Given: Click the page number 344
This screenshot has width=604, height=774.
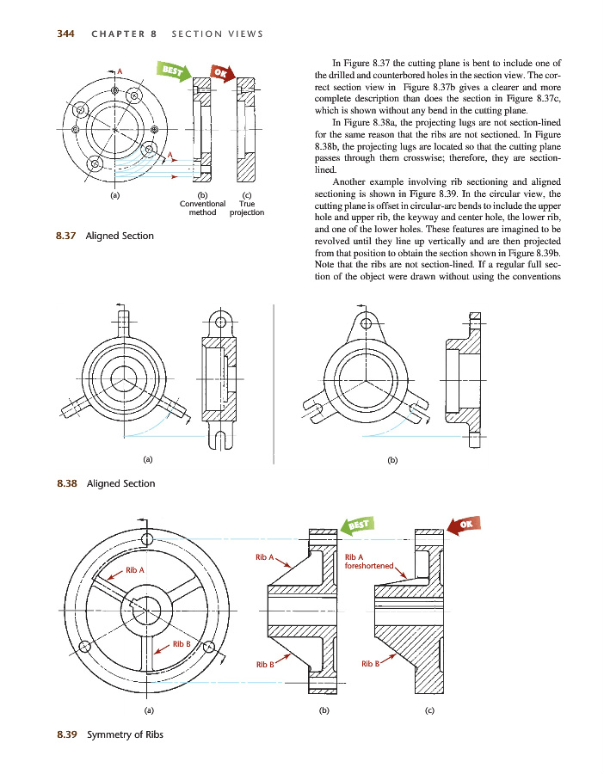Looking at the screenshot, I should [65, 34].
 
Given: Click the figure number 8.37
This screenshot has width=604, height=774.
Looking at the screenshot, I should [65, 236].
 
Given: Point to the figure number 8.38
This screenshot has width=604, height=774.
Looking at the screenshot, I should [65, 483].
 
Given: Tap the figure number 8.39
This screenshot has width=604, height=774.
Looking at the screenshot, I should [65, 734].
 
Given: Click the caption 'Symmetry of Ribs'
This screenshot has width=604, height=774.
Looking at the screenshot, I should [125, 734].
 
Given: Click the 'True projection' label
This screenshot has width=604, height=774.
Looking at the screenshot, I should [247, 208].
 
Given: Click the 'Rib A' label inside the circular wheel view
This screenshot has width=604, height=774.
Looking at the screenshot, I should [135, 570].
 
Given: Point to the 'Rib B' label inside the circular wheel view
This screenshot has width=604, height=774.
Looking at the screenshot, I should [182, 644].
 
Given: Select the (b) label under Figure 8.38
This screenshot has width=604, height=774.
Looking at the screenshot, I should [393, 460].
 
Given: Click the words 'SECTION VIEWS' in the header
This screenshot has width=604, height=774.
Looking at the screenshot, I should [217, 34].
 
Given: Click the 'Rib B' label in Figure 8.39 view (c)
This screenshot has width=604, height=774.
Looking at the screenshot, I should [371, 664].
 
